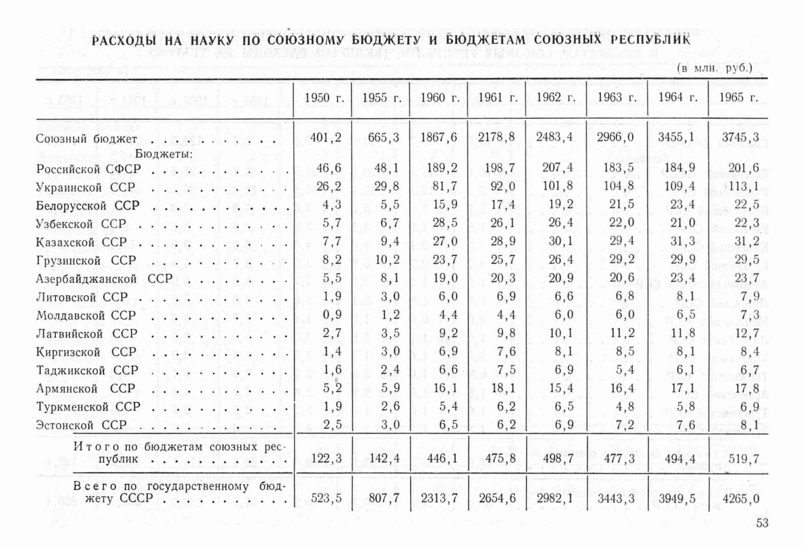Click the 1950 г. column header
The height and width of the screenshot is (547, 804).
pyautogui.click(x=324, y=98)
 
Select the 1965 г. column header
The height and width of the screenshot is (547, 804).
pyautogui.click(x=739, y=98)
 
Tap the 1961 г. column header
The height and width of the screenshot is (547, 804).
pyautogui.click(x=497, y=98)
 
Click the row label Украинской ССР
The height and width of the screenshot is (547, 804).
pyautogui.click(x=86, y=187)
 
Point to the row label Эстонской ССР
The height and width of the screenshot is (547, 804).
pyautogui.click(x=81, y=425)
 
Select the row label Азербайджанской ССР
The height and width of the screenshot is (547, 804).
pyautogui.click(x=104, y=279)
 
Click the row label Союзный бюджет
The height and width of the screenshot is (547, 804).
pyautogui.click(x=87, y=139)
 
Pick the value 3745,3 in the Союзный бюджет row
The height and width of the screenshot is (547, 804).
pyautogui.click(x=740, y=137)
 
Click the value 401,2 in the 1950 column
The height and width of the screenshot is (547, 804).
pyautogui.click(x=326, y=137)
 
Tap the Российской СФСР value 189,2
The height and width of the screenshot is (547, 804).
pyautogui.click(x=439, y=168)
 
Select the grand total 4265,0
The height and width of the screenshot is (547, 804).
pyautogui.click(x=741, y=498)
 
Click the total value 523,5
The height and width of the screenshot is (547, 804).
pyautogui.click(x=326, y=498)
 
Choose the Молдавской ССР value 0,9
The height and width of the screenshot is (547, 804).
pyautogui.click(x=332, y=315)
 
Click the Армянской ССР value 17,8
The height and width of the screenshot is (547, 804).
pyautogui.click(x=747, y=388)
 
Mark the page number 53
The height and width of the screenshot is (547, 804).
pyautogui.click(x=762, y=523)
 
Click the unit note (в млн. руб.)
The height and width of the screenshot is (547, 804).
pyautogui.click(x=715, y=68)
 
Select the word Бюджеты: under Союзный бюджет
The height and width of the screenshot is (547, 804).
pyautogui.click(x=164, y=154)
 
